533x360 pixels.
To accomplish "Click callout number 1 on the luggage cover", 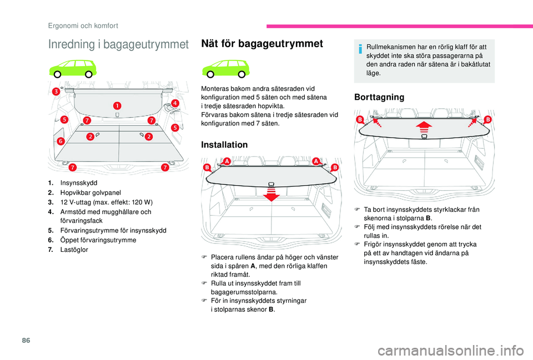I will [118, 105].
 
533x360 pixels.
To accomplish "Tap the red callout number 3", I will [56, 91].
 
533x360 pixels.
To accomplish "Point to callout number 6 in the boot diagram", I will [59, 141].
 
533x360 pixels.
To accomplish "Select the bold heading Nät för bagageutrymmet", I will [263, 44].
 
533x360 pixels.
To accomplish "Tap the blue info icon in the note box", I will [360, 51].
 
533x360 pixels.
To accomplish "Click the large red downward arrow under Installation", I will [271, 195].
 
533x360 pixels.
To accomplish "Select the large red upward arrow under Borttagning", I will [424, 126].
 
